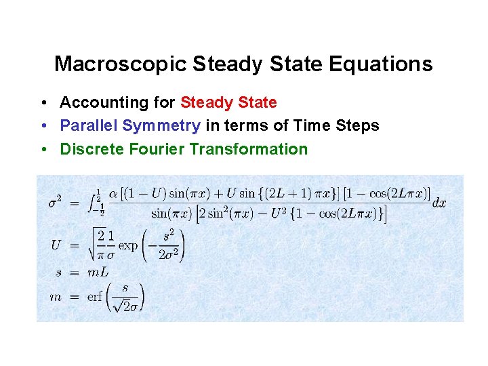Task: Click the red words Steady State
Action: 228,103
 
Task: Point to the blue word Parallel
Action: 85,126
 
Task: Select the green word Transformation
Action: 249,149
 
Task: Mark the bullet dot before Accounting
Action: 43,103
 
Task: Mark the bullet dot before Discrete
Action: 43,149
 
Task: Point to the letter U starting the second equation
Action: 56,245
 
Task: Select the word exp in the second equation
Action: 128,245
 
